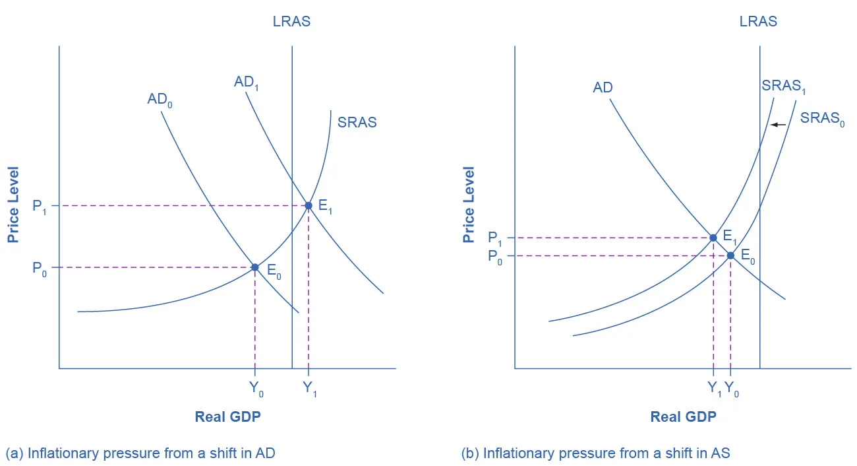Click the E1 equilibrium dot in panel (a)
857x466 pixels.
coord(308,206)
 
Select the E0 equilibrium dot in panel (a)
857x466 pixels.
coord(255,267)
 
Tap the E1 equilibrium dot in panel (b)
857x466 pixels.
coord(713,238)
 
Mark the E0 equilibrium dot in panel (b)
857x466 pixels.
coord(730,255)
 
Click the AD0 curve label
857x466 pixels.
coord(160,101)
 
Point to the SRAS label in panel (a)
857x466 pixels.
coord(357,122)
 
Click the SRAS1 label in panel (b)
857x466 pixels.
coord(784,86)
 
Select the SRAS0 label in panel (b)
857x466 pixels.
coord(822,119)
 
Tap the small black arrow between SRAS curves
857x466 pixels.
coord(779,124)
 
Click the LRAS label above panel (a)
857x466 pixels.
coord(291,22)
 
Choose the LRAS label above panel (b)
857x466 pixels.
coord(758,22)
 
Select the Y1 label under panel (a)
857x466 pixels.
coord(310,389)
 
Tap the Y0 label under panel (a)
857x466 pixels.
coord(256,389)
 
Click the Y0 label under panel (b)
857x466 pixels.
coord(732,389)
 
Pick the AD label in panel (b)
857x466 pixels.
coord(603,88)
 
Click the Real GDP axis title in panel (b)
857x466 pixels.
coord(683,416)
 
